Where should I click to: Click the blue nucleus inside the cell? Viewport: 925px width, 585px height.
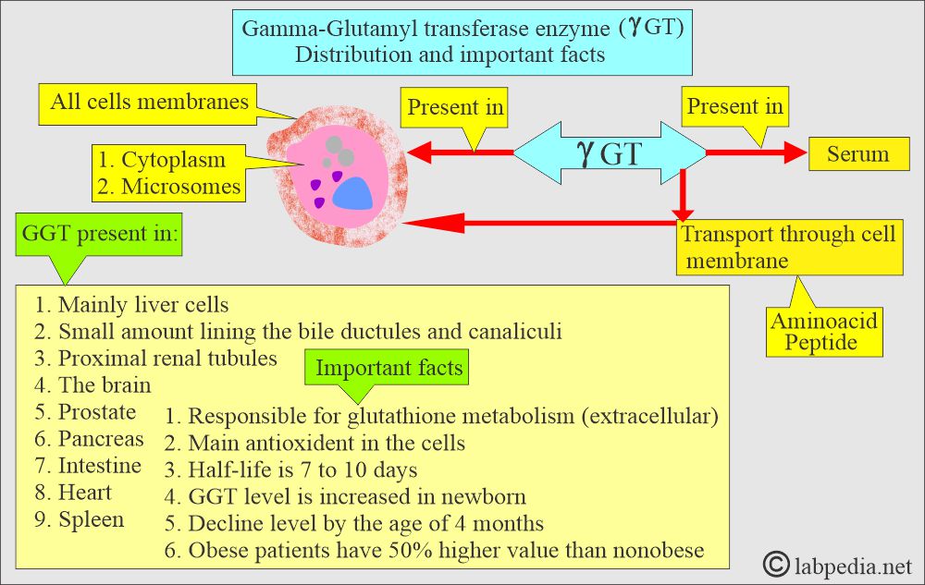(353, 192)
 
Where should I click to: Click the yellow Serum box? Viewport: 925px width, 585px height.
(857, 154)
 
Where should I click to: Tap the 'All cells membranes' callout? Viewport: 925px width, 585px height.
(149, 101)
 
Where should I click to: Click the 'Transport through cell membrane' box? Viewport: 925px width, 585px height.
(788, 247)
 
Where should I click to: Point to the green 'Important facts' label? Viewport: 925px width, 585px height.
(388, 368)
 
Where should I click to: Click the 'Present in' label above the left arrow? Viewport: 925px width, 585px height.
(455, 107)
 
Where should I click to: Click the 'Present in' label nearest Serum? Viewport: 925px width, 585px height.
(734, 107)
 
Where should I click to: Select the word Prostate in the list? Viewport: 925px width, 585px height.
(97, 412)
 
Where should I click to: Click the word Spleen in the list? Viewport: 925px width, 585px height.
(91, 519)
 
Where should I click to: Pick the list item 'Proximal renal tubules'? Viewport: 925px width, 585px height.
(166, 358)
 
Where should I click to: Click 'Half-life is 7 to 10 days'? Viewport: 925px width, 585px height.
(302, 469)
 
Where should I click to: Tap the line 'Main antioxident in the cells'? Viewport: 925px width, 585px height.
(326, 443)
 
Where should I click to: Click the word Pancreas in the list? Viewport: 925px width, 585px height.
(100, 439)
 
